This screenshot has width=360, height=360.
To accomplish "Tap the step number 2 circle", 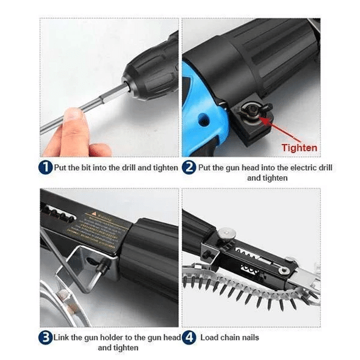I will (x=189, y=167).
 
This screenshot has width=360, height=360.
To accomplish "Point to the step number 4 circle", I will (x=189, y=337).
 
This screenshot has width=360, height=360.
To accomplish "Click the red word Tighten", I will (x=299, y=148).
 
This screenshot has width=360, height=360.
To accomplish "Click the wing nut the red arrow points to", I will (x=251, y=110).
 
